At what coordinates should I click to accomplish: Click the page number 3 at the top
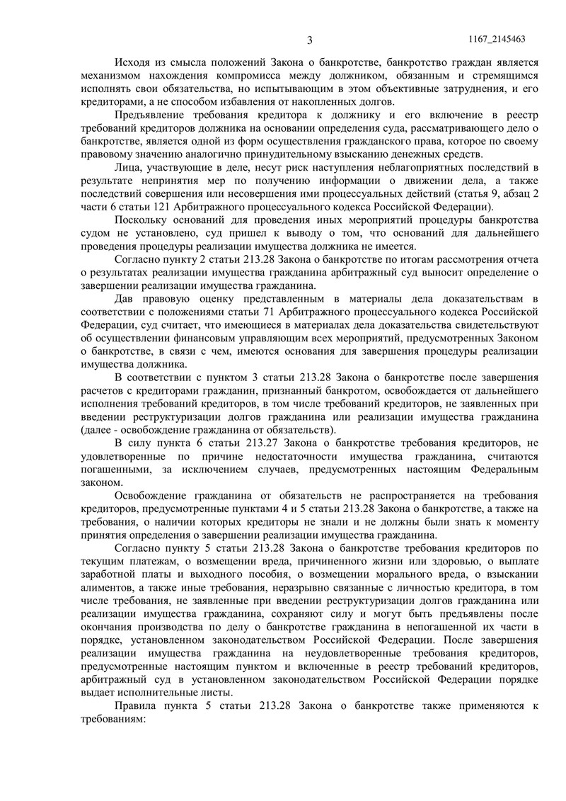click(309, 40)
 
